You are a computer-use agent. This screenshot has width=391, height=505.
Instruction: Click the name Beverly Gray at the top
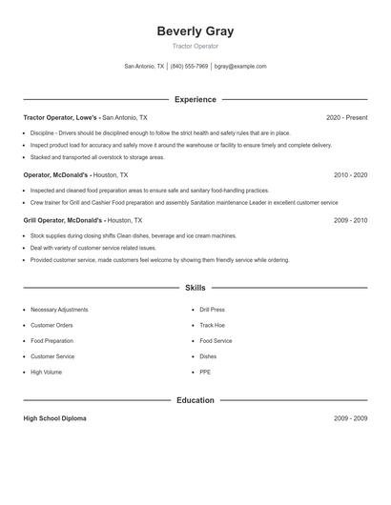[195, 31]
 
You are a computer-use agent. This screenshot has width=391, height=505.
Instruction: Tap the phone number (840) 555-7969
[189, 67]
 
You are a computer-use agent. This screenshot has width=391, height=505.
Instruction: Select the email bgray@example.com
[240, 67]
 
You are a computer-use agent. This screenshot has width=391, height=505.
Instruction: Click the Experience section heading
[195, 99]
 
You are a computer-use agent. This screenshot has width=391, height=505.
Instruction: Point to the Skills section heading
[195, 288]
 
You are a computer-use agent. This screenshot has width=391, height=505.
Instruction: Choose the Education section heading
[195, 400]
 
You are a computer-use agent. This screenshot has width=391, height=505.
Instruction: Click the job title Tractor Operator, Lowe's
[61, 118]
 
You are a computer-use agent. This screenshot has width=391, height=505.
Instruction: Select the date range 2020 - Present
[346, 118]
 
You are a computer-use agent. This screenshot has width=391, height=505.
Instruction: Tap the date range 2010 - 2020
[350, 175]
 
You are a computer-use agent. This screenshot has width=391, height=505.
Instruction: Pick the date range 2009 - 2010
[350, 220]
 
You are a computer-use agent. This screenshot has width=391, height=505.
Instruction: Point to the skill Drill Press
[212, 310]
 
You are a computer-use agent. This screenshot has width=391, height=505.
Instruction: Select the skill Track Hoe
[212, 325]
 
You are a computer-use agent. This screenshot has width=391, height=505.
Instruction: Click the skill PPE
[205, 372]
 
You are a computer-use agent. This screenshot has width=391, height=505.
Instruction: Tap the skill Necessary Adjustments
[59, 310]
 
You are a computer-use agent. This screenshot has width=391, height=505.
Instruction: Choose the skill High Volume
[46, 372]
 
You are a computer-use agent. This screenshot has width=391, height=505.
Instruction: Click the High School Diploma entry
[55, 419]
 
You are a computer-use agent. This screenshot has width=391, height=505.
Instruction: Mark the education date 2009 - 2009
[350, 419]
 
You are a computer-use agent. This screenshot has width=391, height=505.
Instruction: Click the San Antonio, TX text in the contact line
[144, 67]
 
